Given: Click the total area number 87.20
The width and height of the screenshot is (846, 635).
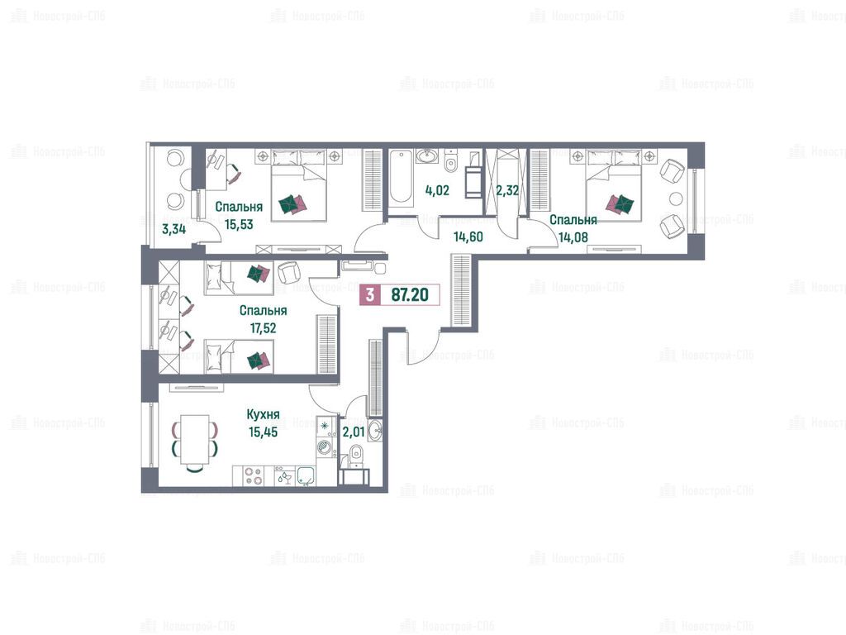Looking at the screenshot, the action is point(410,295).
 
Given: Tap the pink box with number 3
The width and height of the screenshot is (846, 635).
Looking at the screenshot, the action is point(369,295).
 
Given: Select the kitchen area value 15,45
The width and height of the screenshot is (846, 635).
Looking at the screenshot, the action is point(263,432).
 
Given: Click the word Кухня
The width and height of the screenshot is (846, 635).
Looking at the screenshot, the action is point(263,415).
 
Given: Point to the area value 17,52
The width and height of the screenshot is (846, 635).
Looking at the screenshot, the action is point(263,328).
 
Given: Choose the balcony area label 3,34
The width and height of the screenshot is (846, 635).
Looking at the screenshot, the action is point(173,229).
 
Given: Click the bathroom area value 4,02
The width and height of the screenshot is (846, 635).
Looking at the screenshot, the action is point(437,191).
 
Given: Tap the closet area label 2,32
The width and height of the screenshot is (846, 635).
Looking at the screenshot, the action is point(507,191).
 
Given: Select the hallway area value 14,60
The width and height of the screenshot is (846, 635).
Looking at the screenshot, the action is point(468,237).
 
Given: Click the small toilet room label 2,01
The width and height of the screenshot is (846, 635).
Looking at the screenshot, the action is point(354,432).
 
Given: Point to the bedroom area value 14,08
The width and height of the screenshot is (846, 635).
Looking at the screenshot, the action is point(573,237).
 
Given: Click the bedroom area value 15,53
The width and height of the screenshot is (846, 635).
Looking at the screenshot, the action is point(239,225).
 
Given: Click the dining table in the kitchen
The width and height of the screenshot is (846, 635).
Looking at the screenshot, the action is point(195,440).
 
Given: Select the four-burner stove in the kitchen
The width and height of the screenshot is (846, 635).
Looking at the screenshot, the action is point(253,476).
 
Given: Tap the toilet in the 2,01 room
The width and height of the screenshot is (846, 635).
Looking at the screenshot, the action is point(356,454).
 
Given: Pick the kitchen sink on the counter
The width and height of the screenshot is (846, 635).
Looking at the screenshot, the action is point(306,476).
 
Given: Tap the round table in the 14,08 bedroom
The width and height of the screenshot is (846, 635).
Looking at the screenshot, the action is point(676,198).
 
